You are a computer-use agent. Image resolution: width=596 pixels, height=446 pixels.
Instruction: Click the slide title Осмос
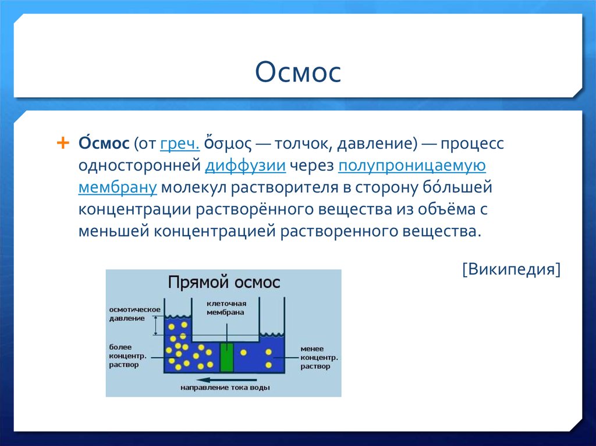point(298,72)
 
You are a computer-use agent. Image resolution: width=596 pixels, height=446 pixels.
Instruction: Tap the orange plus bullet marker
point(63,143)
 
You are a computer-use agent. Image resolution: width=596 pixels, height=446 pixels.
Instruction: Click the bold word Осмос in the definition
point(104,143)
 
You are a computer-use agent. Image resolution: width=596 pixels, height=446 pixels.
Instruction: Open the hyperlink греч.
point(180,144)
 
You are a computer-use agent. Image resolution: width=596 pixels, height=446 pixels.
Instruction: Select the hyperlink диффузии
point(245,166)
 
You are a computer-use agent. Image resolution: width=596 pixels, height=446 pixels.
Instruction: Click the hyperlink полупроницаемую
point(411,166)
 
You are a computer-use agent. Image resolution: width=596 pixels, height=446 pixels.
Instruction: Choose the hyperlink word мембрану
point(118,188)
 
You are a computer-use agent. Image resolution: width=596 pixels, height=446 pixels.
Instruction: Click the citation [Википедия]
point(511,269)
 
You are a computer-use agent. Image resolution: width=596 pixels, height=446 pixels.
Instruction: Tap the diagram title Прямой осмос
point(224,283)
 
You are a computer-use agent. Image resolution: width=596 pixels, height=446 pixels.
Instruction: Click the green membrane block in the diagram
point(227,357)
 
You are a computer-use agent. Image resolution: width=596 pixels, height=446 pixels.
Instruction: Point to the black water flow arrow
point(226,380)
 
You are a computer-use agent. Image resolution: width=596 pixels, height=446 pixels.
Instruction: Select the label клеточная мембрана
point(226,308)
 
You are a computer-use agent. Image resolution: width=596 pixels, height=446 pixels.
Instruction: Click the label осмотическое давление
point(134,314)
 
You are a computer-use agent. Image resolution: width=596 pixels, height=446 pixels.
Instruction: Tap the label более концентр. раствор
point(127,356)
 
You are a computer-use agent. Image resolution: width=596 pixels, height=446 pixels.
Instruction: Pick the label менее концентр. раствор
point(319,358)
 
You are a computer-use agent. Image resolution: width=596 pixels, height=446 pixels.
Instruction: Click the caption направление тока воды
point(225,388)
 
